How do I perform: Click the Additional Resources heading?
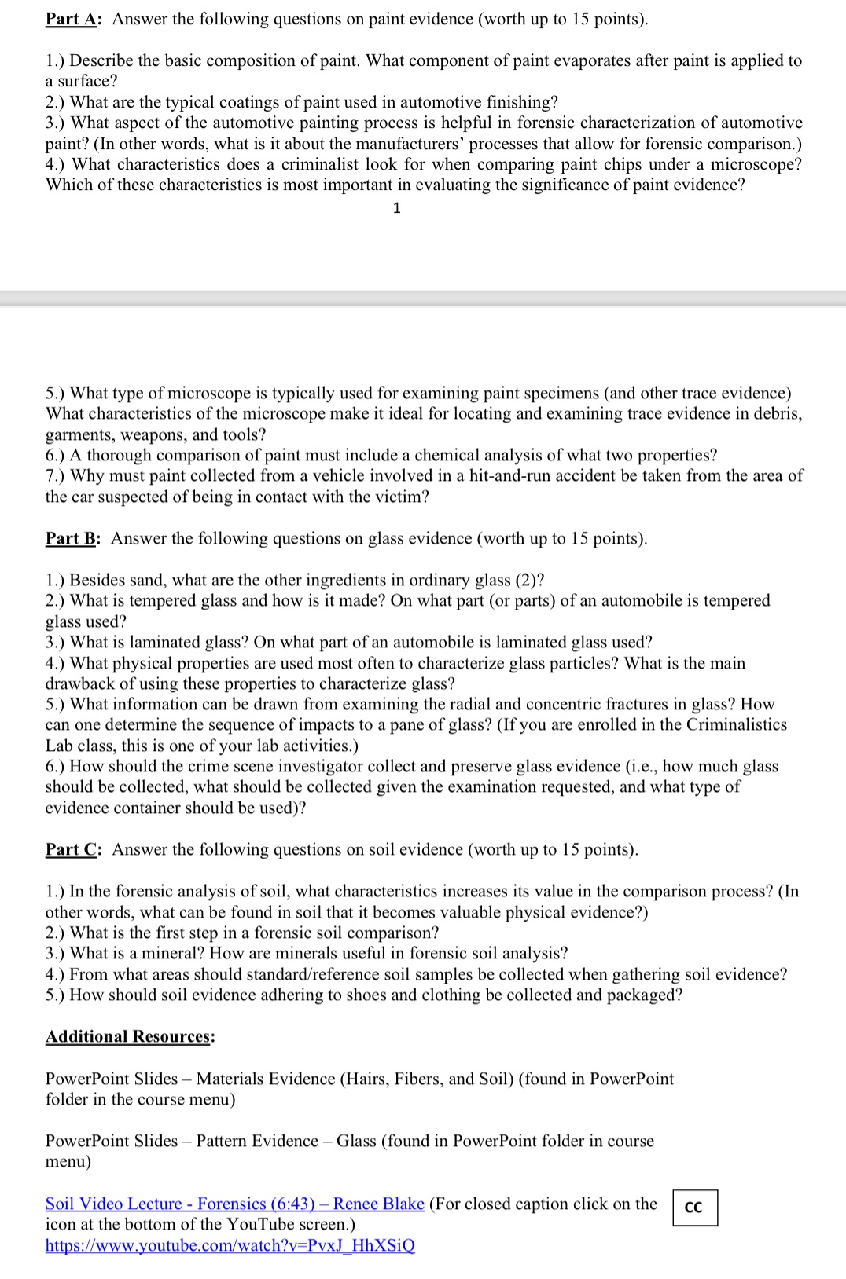(x=130, y=1036)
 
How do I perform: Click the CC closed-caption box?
(x=694, y=1208)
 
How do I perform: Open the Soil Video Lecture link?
(x=234, y=1204)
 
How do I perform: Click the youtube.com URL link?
(x=230, y=1245)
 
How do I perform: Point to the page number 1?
(x=396, y=208)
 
